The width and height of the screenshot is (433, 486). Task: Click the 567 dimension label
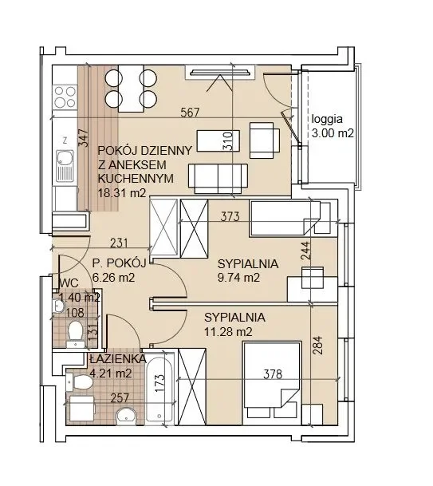point(190,113)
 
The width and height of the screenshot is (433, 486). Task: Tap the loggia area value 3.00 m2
point(333,133)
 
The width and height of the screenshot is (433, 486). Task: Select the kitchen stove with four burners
point(65,97)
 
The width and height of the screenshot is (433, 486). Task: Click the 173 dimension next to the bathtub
point(159,383)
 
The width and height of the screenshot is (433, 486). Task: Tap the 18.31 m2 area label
point(122,193)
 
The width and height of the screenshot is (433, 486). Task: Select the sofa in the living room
point(218,179)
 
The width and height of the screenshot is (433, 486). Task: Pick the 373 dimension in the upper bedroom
point(230,216)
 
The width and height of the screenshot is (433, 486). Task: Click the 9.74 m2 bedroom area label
point(238,278)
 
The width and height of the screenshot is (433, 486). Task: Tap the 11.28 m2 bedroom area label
point(228,332)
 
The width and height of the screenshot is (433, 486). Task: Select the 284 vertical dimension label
point(317,346)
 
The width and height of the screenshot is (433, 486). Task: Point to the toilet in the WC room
point(75,332)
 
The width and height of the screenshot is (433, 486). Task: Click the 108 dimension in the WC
point(75,313)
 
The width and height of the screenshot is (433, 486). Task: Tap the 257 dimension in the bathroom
point(120,398)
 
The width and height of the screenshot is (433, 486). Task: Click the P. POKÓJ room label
point(120,263)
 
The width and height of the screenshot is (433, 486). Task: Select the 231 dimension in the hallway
point(119,243)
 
